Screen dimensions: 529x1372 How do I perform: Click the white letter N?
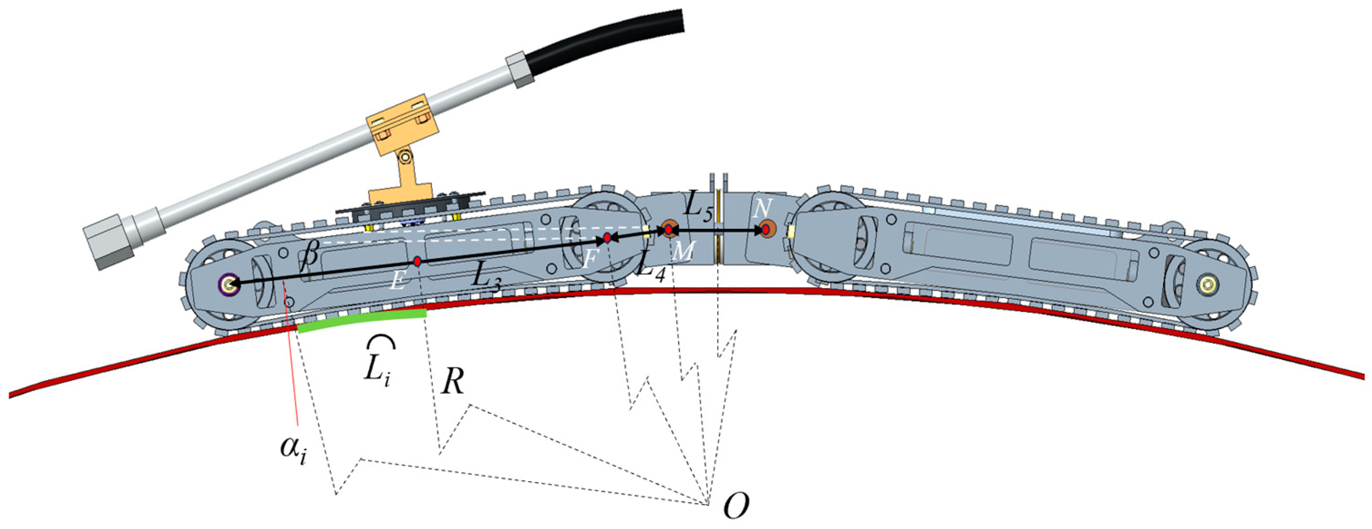point(763,209)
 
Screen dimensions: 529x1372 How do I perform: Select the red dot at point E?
point(418,261)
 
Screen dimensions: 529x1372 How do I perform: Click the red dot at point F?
point(607,238)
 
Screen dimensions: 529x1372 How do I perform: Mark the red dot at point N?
point(765,230)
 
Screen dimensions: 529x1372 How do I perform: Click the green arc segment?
point(362,321)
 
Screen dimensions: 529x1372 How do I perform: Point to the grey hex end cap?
point(108,242)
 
